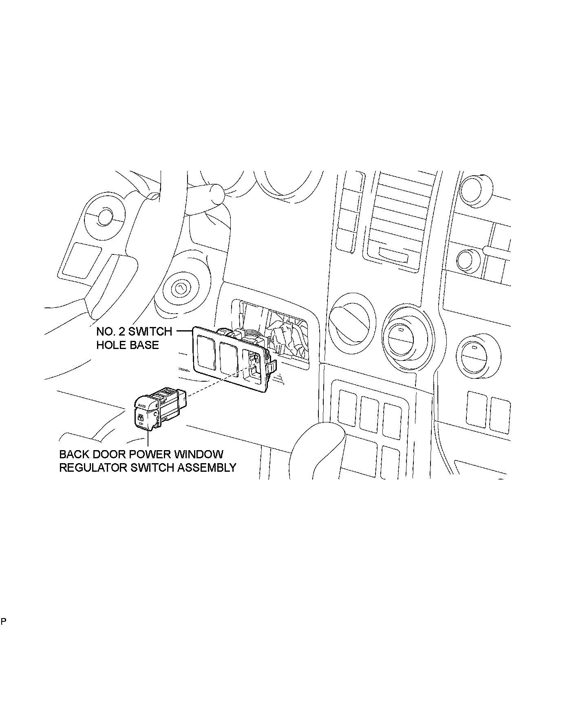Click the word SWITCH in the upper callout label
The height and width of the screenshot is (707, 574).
[x=150, y=331]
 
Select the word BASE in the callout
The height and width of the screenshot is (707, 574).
[x=144, y=345]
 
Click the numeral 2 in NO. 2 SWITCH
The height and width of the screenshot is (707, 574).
[x=121, y=331]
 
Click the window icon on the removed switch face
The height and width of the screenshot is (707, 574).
[x=141, y=418]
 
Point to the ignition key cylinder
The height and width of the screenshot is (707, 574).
[x=179, y=289]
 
